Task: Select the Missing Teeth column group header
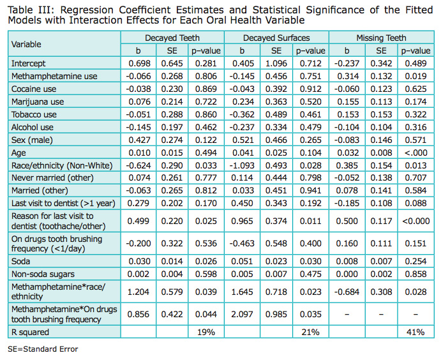[x=382, y=38]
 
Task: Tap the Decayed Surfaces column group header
[x=276, y=38]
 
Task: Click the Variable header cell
[x=26, y=45]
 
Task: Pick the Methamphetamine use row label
[x=54, y=76]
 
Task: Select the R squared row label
[x=30, y=333]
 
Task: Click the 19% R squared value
[x=204, y=333]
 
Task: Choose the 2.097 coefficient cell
[x=242, y=314]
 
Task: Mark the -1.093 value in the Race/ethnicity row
[x=240, y=165]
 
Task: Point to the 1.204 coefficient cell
[x=138, y=292]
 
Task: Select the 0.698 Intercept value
[x=138, y=63]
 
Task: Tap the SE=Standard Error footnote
[x=43, y=350]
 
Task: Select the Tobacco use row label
[x=34, y=114]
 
